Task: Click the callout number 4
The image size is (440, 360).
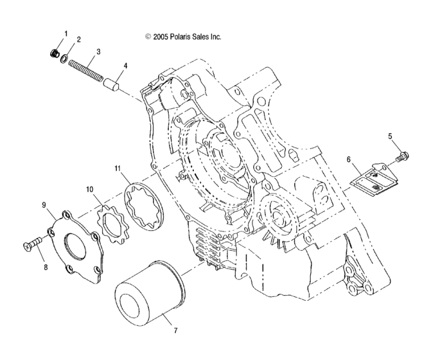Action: point(125,65)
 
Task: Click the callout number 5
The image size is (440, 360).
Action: point(371,136)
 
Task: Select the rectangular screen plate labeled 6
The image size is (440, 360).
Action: point(374,179)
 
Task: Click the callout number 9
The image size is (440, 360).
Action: point(44,205)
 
